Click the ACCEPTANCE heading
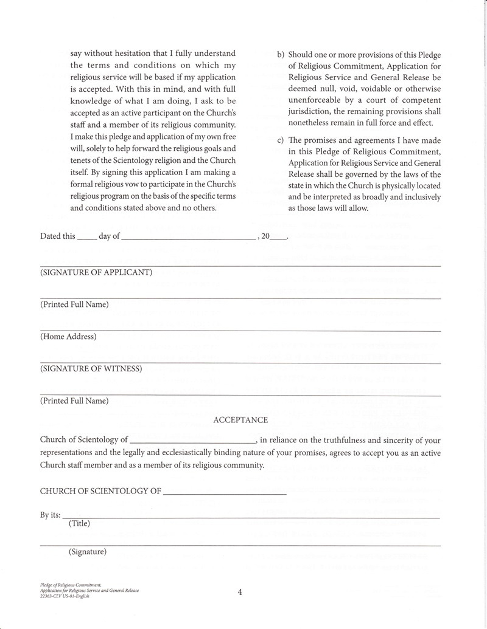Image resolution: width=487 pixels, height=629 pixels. pos(240,420)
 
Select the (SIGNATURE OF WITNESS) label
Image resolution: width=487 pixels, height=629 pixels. pos(91,369)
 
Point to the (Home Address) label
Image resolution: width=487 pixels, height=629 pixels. pos(68,337)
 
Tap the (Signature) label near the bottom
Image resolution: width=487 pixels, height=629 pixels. pos(88,552)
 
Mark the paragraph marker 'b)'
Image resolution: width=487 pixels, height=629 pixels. pos(281,54)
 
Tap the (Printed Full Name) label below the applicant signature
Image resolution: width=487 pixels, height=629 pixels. pos(75,304)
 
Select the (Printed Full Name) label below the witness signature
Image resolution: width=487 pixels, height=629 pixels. pos(75,401)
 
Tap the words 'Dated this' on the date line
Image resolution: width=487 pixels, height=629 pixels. pos(58,236)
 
